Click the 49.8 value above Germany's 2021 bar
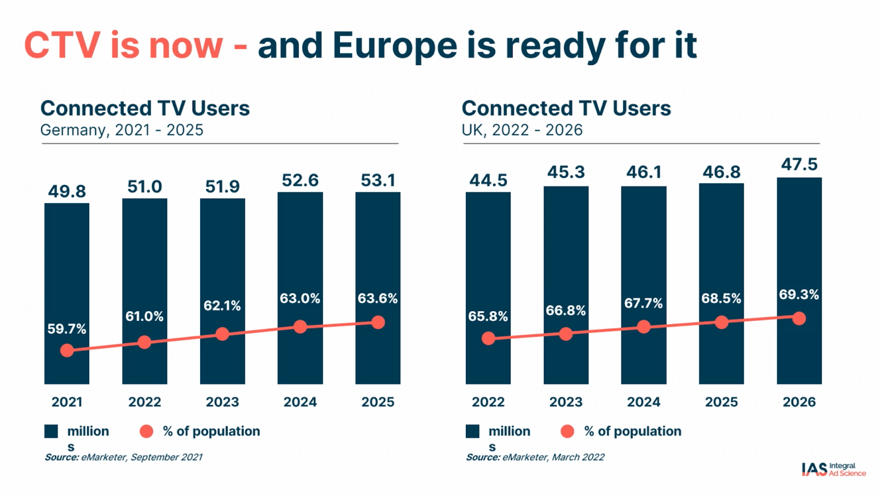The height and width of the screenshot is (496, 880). (x=67, y=192)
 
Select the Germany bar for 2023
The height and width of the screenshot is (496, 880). (x=222, y=253)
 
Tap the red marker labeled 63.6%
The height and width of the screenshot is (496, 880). (x=378, y=323)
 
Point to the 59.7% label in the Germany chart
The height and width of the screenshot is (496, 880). (x=67, y=329)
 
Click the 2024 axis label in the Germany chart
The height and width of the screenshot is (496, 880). (x=300, y=402)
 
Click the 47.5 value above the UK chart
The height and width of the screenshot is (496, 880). (x=799, y=165)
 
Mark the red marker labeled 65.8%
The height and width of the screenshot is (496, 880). (x=488, y=339)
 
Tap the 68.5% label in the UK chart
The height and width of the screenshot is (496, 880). (x=721, y=299)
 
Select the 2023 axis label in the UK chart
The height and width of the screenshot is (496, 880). (x=566, y=402)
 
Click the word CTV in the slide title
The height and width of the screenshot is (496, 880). (x=62, y=45)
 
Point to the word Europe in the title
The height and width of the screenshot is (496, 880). (x=394, y=46)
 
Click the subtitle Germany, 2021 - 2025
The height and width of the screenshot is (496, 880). (x=122, y=130)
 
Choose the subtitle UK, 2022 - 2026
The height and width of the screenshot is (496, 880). (x=522, y=130)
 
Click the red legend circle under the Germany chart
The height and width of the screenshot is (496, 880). (x=146, y=432)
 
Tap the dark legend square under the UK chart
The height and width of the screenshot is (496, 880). (x=472, y=432)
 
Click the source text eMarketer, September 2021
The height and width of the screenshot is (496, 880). (x=141, y=457)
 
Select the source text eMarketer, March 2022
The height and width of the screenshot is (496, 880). (x=553, y=457)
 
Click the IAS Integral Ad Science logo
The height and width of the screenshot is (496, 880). (x=833, y=470)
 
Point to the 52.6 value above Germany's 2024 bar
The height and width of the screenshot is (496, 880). (x=300, y=181)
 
